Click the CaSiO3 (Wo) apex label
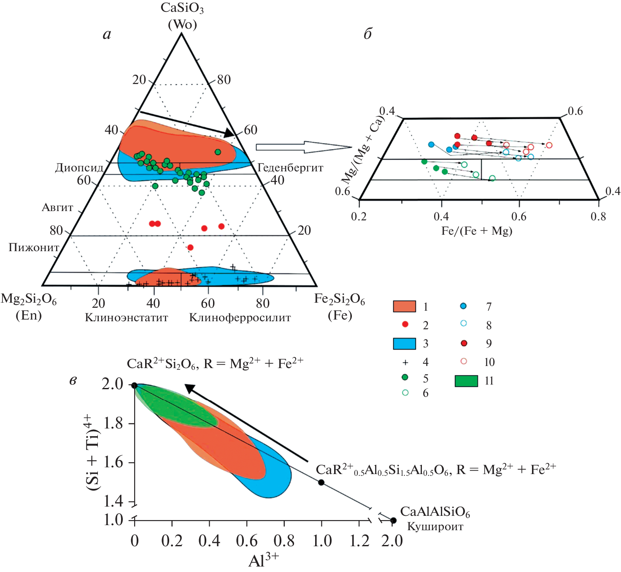pos(182,16)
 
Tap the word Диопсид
pos(79,168)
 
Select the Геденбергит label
pos(290,168)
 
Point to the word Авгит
pos(57,207)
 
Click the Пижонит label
pos(34,247)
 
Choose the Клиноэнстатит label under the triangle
pos(127,317)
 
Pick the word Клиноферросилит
pos(240,317)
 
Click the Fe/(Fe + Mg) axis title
pos(477,231)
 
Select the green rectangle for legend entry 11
pos(466,381)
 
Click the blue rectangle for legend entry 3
pos(404,344)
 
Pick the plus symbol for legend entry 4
pos(405,362)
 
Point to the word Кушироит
pos(435,526)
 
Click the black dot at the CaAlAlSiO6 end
pos(393,520)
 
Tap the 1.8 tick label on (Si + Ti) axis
pos(113,423)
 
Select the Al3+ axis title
pos(264,561)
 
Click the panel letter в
pos(73,381)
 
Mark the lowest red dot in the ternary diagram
pos(190,247)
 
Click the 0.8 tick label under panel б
pos(598,217)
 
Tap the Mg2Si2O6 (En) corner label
pos(29,306)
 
